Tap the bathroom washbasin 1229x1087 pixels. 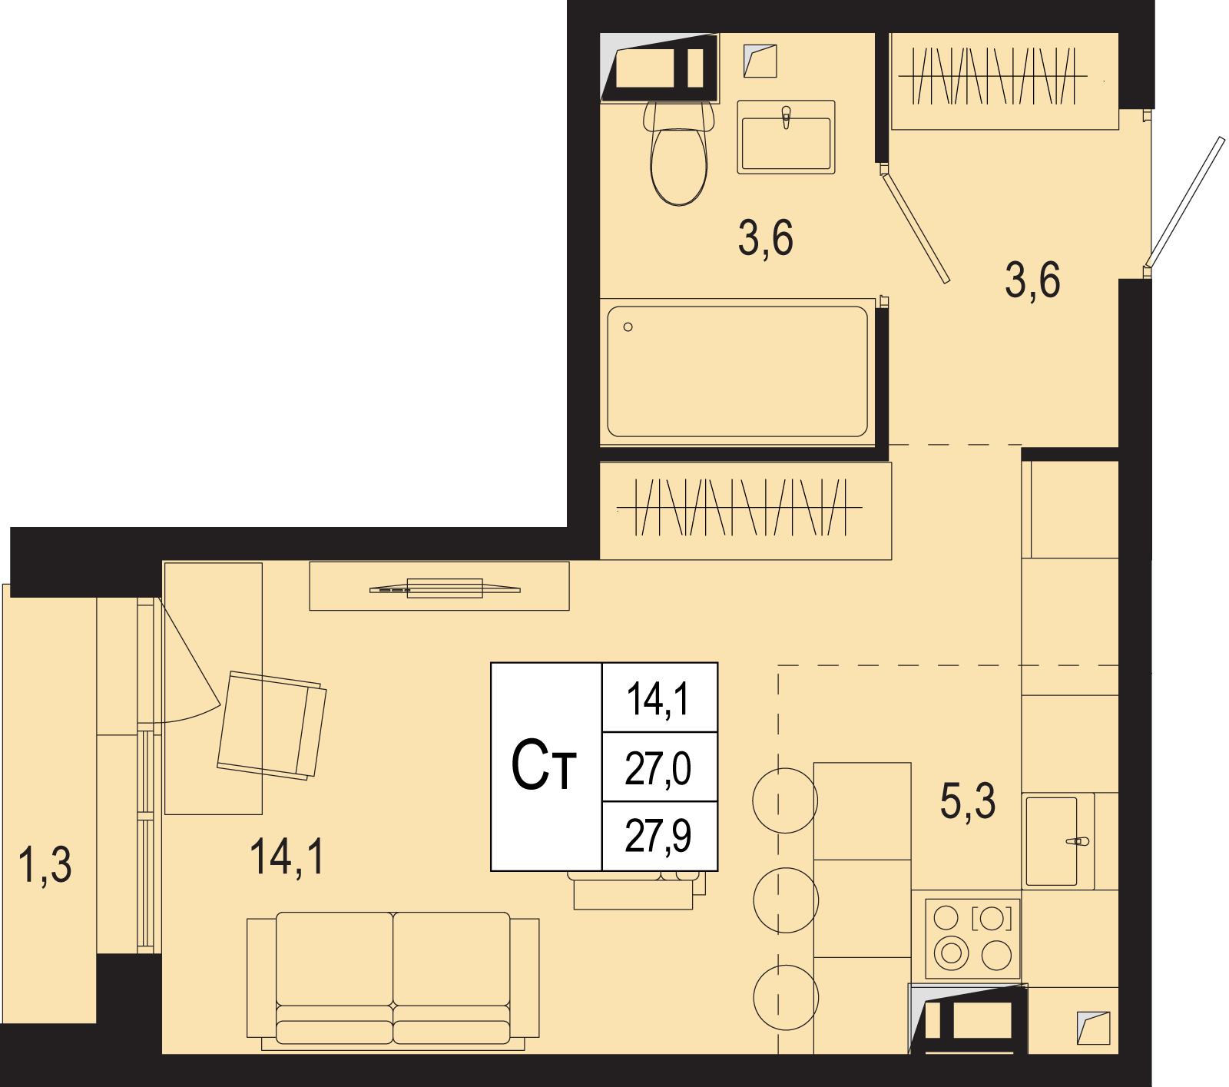point(786,137)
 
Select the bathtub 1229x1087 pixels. point(737,372)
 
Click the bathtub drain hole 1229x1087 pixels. point(628,327)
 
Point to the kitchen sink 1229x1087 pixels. point(1058,841)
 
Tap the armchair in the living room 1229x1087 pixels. point(272,725)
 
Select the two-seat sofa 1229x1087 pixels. point(393,980)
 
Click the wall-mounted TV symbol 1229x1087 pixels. point(445,588)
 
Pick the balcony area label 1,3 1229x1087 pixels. point(45,864)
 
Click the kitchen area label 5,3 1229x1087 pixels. point(968,800)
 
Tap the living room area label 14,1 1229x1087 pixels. point(287,857)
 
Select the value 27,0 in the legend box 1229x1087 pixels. point(658,767)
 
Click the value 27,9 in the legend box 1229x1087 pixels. point(658,836)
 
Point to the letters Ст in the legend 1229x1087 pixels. point(544,765)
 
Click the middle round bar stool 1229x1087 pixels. point(786,900)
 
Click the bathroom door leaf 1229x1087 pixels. point(915,226)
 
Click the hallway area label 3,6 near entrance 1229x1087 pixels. point(1032,280)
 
